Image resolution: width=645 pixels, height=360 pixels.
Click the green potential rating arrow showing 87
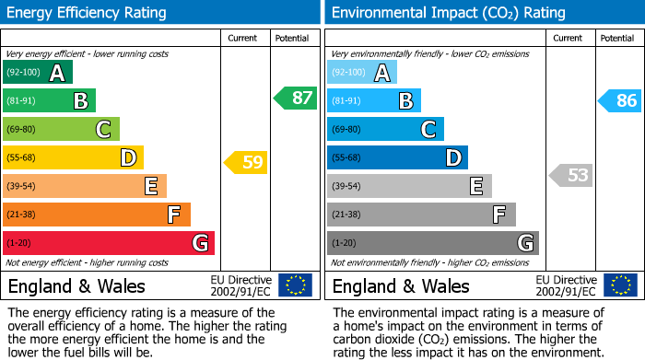[296, 99]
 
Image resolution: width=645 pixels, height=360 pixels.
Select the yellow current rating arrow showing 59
[246, 163]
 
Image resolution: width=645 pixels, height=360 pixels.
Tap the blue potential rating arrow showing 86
[619, 100]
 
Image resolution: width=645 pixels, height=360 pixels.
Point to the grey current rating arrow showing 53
[571, 175]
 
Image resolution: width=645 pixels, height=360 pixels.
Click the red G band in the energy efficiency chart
[109, 243]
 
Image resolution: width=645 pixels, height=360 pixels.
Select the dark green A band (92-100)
[38, 73]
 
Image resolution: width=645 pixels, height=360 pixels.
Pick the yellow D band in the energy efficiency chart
[73, 158]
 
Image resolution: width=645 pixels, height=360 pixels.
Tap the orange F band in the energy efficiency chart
[97, 215]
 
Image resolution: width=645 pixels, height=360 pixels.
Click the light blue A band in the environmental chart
[362, 73]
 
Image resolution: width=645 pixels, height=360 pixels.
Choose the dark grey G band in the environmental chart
[432, 243]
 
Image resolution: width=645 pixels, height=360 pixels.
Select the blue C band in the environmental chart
[385, 130]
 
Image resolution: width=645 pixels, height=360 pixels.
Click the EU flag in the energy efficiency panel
[295, 285]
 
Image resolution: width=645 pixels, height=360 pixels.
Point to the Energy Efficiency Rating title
[88, 13]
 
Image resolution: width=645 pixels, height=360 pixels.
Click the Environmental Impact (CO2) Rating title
[448, 13]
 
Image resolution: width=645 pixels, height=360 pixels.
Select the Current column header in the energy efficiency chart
[244, 39]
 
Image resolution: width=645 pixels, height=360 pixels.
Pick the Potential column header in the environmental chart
[616, 39]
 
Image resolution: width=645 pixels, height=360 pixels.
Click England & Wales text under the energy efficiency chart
[76, 286]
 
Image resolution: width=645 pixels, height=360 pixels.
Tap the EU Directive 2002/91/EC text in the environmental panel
[566, 285]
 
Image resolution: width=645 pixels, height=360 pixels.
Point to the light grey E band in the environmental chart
[409, 186]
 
